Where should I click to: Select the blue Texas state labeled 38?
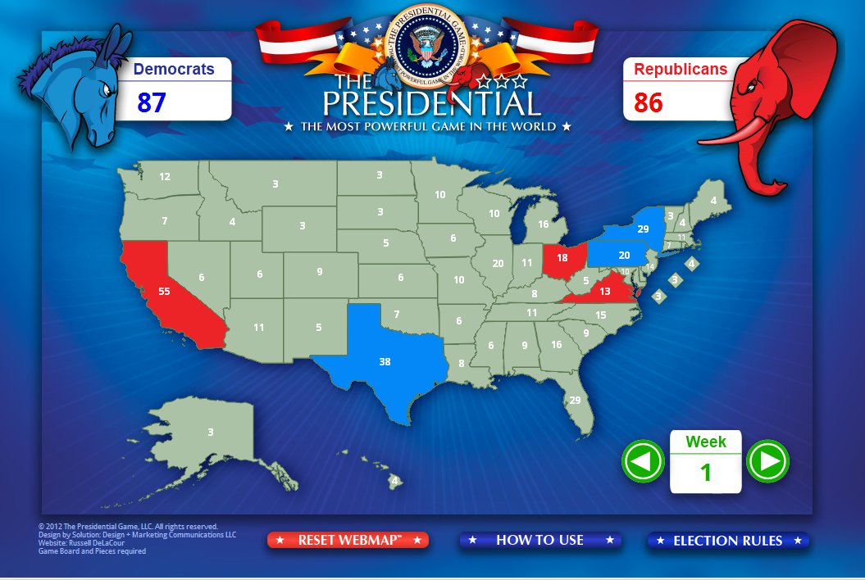click(385, 361)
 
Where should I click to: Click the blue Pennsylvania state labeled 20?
click(624, 255)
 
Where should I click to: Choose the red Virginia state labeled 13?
click(605, 292)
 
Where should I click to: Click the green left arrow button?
click(643, 461)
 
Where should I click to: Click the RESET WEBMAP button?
click(348, 540)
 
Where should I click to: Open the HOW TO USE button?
click(539, 540)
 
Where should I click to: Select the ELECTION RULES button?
click(727, 541)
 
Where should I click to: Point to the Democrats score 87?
click(152, 102)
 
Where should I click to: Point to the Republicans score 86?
click(648, 102)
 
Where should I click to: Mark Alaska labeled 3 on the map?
click(211, 432)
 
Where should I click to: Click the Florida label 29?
click(575, 400)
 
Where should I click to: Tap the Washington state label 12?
click(165, 176)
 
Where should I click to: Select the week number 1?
click(705, 472)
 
